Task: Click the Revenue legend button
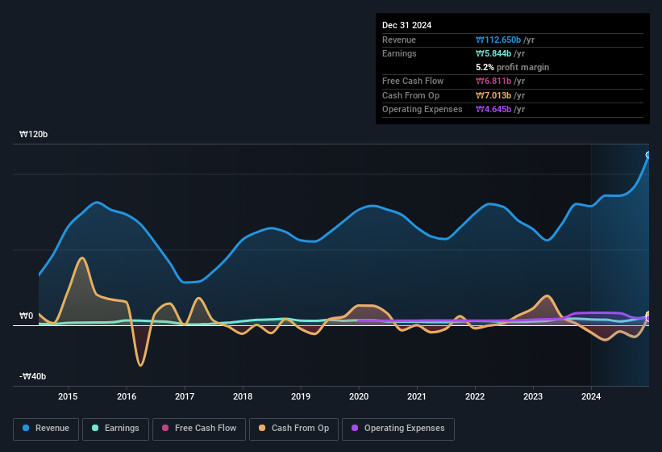[x=46, y=429]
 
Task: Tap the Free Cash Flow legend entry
[x=198, y=429]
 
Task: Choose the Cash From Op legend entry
[x=294, y=429]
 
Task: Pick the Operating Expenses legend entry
[x=398, y=429]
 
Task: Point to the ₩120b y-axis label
[x=34, y=135]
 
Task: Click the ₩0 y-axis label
[x=27, y=316]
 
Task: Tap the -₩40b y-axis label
[x=33, y=377]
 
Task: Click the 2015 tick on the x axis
[x=68, y=396]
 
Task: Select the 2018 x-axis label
[x=243, y=396]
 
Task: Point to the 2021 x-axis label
[x=417, y=396]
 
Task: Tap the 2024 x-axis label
[x=591, y=396]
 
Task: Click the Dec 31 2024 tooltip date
[x=406, y=25]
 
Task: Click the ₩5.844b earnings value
[x=500, y=53]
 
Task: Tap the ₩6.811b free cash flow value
[x=500, y=81]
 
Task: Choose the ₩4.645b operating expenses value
[x=500, y=109]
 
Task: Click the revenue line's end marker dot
[x=648, y=155]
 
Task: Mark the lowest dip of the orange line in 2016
[x=140, y=366]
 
